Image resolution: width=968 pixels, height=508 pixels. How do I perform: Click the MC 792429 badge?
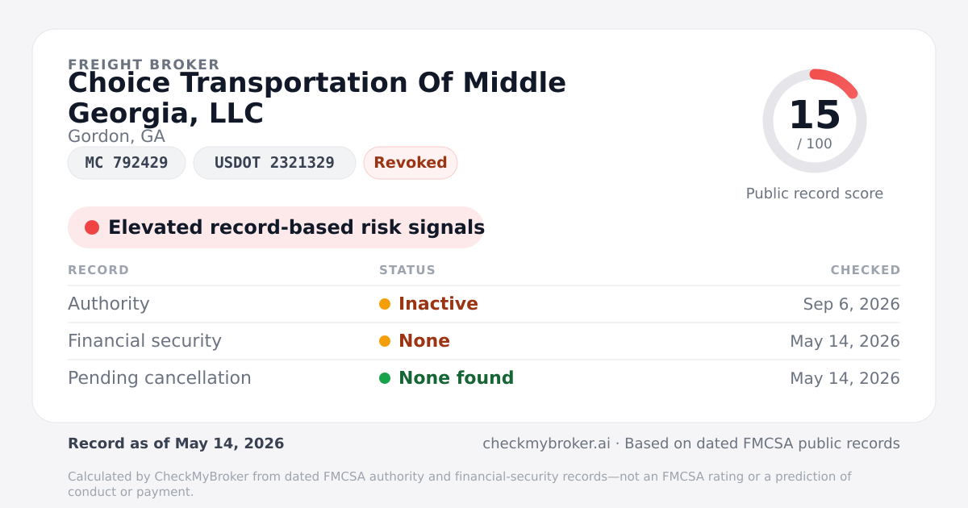click(x=127, y=163)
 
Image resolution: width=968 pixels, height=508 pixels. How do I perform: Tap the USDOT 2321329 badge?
click(x=274, y=163)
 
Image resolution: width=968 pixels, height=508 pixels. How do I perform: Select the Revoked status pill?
click(x=411, y=163)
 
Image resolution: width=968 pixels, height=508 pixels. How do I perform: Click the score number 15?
click(x=815, y=115)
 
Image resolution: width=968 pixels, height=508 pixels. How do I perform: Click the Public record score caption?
click(x=815, y=194)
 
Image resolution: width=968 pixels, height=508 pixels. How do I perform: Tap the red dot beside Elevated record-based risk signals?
click(x=92, y=227)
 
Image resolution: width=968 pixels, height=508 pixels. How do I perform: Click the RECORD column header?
click(x=98, y=270)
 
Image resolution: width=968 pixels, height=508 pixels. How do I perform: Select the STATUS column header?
click(x=407, y=270)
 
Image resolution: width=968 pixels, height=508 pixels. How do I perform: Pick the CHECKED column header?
click(x=866, y=270)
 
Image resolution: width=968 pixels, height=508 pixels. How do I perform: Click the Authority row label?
click(x=108, y=304)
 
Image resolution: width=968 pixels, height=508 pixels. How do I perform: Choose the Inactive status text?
click(x=438, y=304)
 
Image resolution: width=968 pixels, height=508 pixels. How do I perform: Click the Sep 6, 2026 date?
click(x=851, y=304)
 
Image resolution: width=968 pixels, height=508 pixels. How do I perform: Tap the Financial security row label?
click(x=144, y=341)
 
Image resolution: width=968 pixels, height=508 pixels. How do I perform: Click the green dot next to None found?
click(x=385, y=378)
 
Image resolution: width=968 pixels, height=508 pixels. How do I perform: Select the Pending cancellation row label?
click(x=160, y=378)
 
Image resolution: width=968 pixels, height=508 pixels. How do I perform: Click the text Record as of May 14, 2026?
click(x=176, y=443)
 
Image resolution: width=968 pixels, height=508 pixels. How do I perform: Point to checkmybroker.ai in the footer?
click(x=546, y=443)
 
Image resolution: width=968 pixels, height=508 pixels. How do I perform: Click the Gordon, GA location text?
click(x=116, y=136)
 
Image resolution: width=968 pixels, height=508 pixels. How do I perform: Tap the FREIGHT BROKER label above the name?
click(x=144, y=65)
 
